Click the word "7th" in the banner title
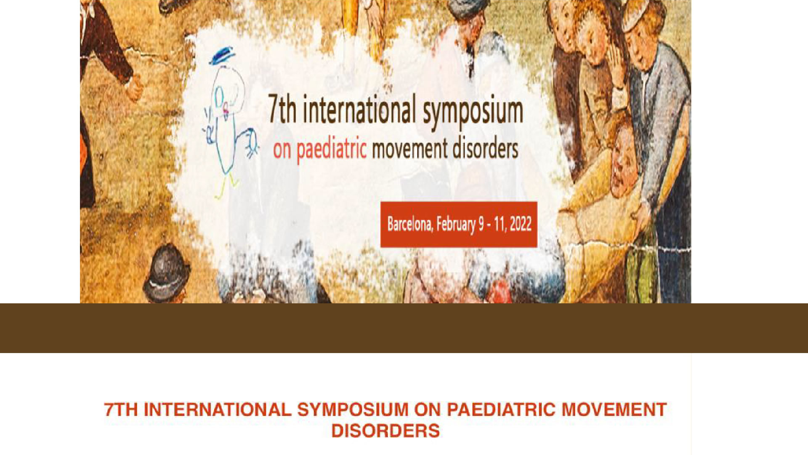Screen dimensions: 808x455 [282, 108]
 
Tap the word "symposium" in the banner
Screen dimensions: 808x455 [473, 111]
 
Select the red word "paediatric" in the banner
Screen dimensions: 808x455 [332, 150]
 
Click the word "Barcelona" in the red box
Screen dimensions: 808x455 [410, 224]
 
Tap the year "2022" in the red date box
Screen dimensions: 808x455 [521, 223]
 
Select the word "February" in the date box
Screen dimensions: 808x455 [456, 224]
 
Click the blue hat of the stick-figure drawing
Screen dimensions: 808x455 [222, 56]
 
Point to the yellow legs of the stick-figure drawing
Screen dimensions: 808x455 [226, 187]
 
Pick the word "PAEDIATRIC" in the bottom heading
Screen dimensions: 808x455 [501, 410]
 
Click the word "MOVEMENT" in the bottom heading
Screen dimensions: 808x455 [614, 410]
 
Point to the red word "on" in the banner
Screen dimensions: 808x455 [282, 151]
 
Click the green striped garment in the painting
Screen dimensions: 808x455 [641, 270]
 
